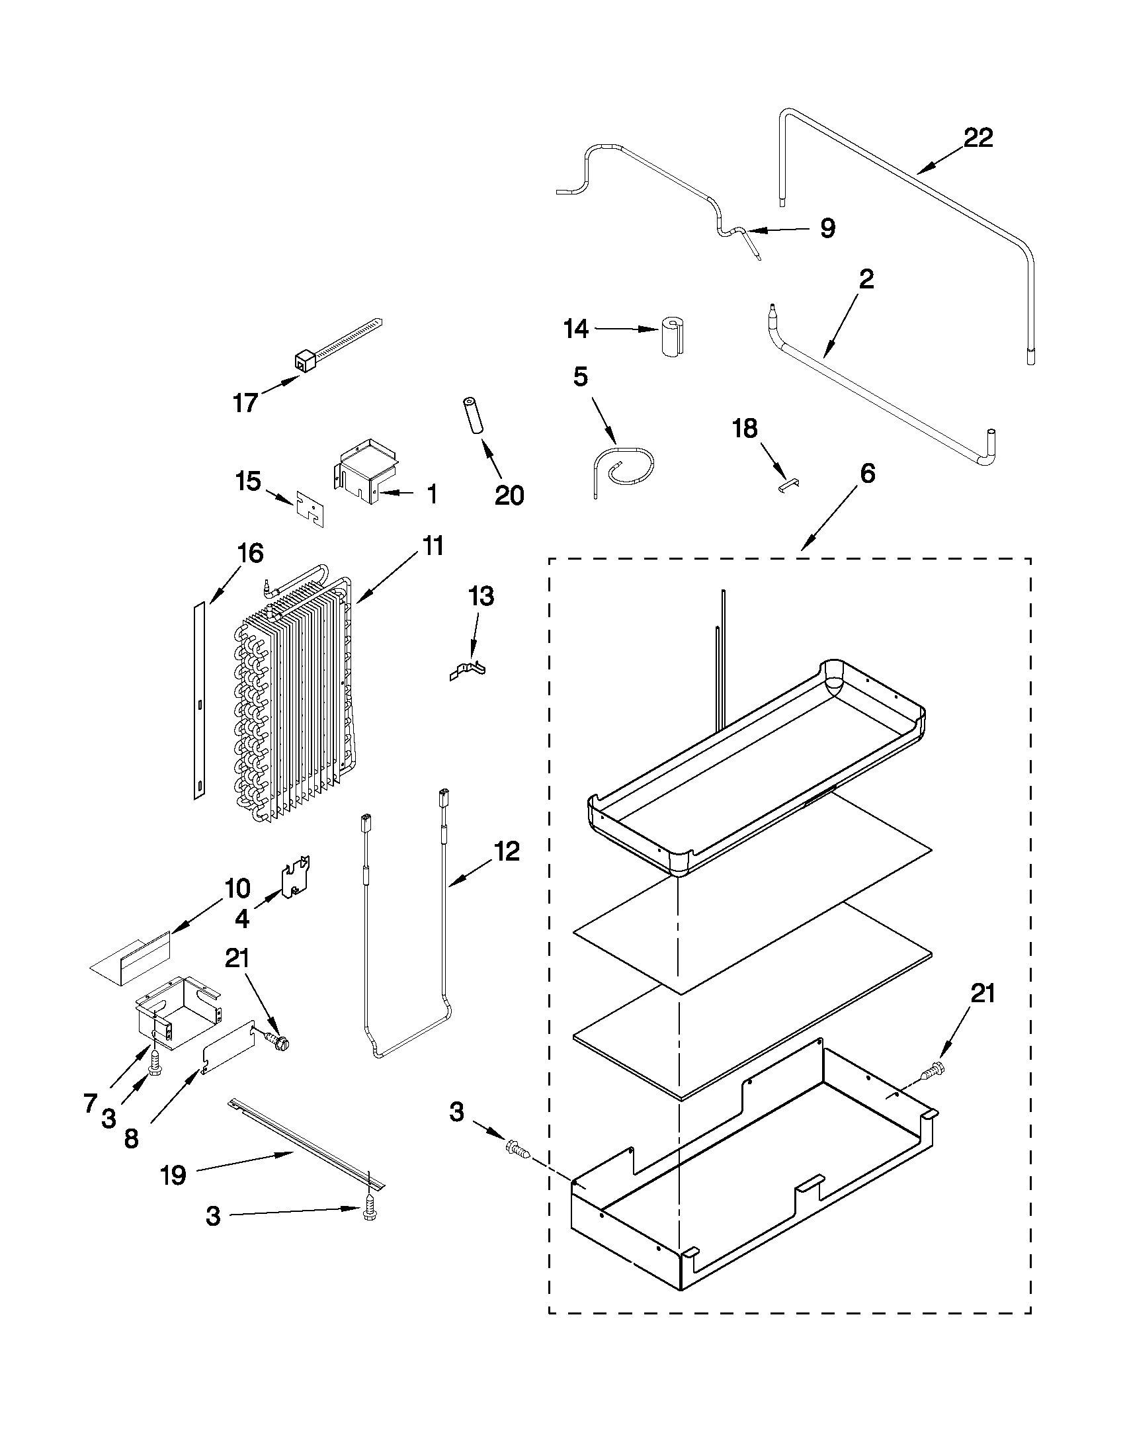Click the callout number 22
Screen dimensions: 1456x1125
tap(977, 138)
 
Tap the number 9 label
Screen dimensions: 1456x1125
tap(827, 229)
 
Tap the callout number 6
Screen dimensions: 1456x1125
tap(866, 474)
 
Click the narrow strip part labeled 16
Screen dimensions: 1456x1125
tap(198, 700)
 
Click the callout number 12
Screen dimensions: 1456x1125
tap(507, 851)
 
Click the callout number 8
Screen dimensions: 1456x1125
tap(132, 1138)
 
